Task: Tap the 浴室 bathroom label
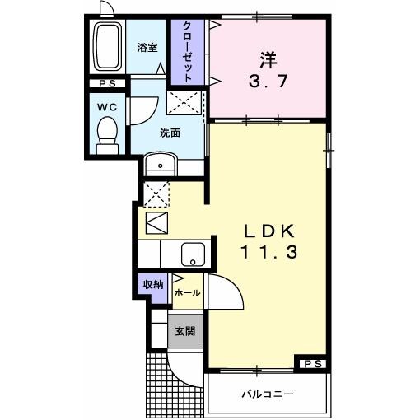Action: (147, 48)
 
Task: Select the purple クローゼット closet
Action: (188, 52)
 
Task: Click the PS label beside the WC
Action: (107, 83)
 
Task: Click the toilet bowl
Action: (106, 132)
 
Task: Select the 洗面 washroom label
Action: (170, 132)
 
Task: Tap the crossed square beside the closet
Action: (184, 103)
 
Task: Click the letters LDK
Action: (266, 231)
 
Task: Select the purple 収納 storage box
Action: (153, 285)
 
